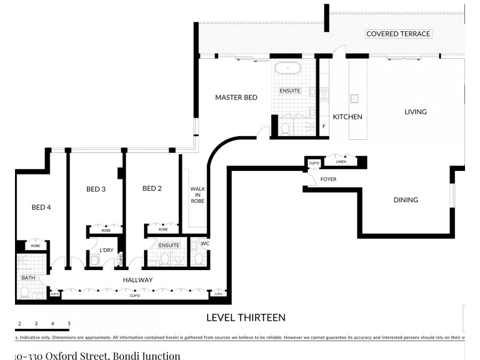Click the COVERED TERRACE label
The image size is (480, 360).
[398, 34]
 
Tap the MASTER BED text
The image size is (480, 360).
[236, 97]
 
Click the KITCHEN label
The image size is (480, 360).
[347, 117]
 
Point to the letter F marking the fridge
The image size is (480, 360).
[324, 127]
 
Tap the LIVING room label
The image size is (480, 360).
[415, 112]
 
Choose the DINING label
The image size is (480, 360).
[406, 200]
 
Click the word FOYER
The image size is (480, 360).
[328, 179]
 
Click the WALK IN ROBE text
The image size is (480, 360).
[198, 195]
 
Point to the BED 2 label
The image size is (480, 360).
[152, 189]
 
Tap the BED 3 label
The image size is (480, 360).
[96, 190]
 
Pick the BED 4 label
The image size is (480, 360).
[41, 208]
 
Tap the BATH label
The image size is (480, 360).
[28, 278]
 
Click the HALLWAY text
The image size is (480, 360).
[138, 280]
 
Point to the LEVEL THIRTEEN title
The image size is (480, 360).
[245, 317]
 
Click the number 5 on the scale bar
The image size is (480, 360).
[69, 324]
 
